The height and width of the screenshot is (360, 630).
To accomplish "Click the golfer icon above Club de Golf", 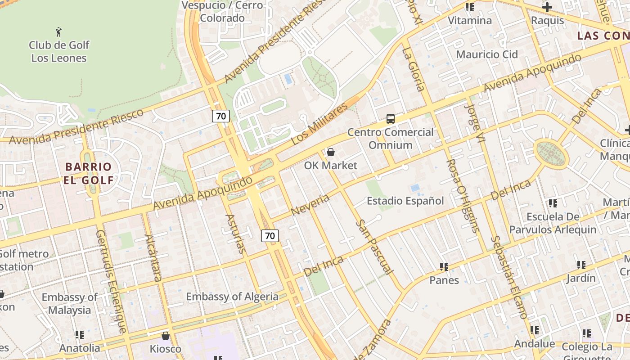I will (58, 32).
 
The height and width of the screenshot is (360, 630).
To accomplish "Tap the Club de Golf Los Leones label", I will (59, 51).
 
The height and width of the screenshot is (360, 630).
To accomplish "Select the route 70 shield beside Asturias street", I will (270, 235).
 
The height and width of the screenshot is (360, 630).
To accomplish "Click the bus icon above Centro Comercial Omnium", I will (391, 119).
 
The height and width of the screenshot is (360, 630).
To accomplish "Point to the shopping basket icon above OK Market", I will (331, 152).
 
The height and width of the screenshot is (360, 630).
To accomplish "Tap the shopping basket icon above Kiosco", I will (166, 336).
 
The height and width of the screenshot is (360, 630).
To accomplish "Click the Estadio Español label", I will (405, 201).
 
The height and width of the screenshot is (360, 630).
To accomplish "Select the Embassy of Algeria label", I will (232, 297).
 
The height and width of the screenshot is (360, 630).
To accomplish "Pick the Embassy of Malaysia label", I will (69, 304).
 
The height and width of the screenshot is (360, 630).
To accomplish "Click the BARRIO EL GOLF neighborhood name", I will (88, 173).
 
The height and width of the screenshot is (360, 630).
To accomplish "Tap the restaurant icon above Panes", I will (444, 267).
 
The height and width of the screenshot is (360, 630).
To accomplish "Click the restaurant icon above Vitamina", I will (470, 7).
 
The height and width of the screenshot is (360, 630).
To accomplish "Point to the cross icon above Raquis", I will (547, 7).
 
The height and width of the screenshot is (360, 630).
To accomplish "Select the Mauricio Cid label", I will (487, 54).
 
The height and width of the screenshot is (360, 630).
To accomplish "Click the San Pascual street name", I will (374, 247).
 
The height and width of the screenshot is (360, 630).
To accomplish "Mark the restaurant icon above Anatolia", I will (80, 334).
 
